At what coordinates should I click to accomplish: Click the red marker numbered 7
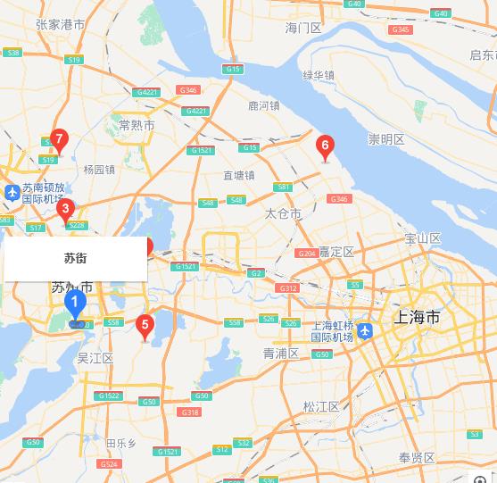click(59, 139)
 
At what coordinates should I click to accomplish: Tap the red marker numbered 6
click(325, 146)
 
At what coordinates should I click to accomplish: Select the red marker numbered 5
click(145, 325)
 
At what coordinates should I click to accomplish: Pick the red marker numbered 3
click(64, 211)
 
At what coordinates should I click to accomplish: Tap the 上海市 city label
click(417, 317)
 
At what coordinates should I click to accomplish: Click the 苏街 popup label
click(76, 258)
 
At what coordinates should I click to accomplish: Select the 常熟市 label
click(137, 125)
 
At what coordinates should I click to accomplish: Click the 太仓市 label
click(284, 214)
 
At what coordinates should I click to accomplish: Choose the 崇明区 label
click(386, 139)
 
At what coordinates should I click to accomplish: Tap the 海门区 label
click(303, 29)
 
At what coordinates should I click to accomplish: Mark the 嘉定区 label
click(336, 252)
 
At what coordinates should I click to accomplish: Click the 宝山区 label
click(423, 238)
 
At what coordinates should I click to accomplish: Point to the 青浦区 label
click(281, 354)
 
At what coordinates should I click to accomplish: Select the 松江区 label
click(321, 406)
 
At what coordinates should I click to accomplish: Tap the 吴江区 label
click(95, 358)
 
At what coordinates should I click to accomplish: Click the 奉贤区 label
click(417, 458)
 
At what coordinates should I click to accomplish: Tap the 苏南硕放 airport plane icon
click(12, 193)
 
